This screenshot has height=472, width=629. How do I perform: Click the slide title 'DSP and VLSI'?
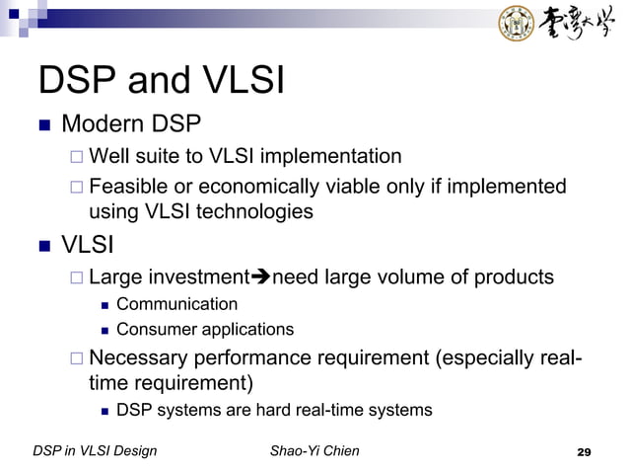161,81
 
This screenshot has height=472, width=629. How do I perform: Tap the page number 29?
583,452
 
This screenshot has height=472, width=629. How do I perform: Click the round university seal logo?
517,24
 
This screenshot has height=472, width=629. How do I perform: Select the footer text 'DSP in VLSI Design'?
95,451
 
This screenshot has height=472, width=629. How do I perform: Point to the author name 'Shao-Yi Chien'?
314,451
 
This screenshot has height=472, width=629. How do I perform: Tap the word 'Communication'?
176,304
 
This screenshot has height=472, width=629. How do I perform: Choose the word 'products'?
514,277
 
